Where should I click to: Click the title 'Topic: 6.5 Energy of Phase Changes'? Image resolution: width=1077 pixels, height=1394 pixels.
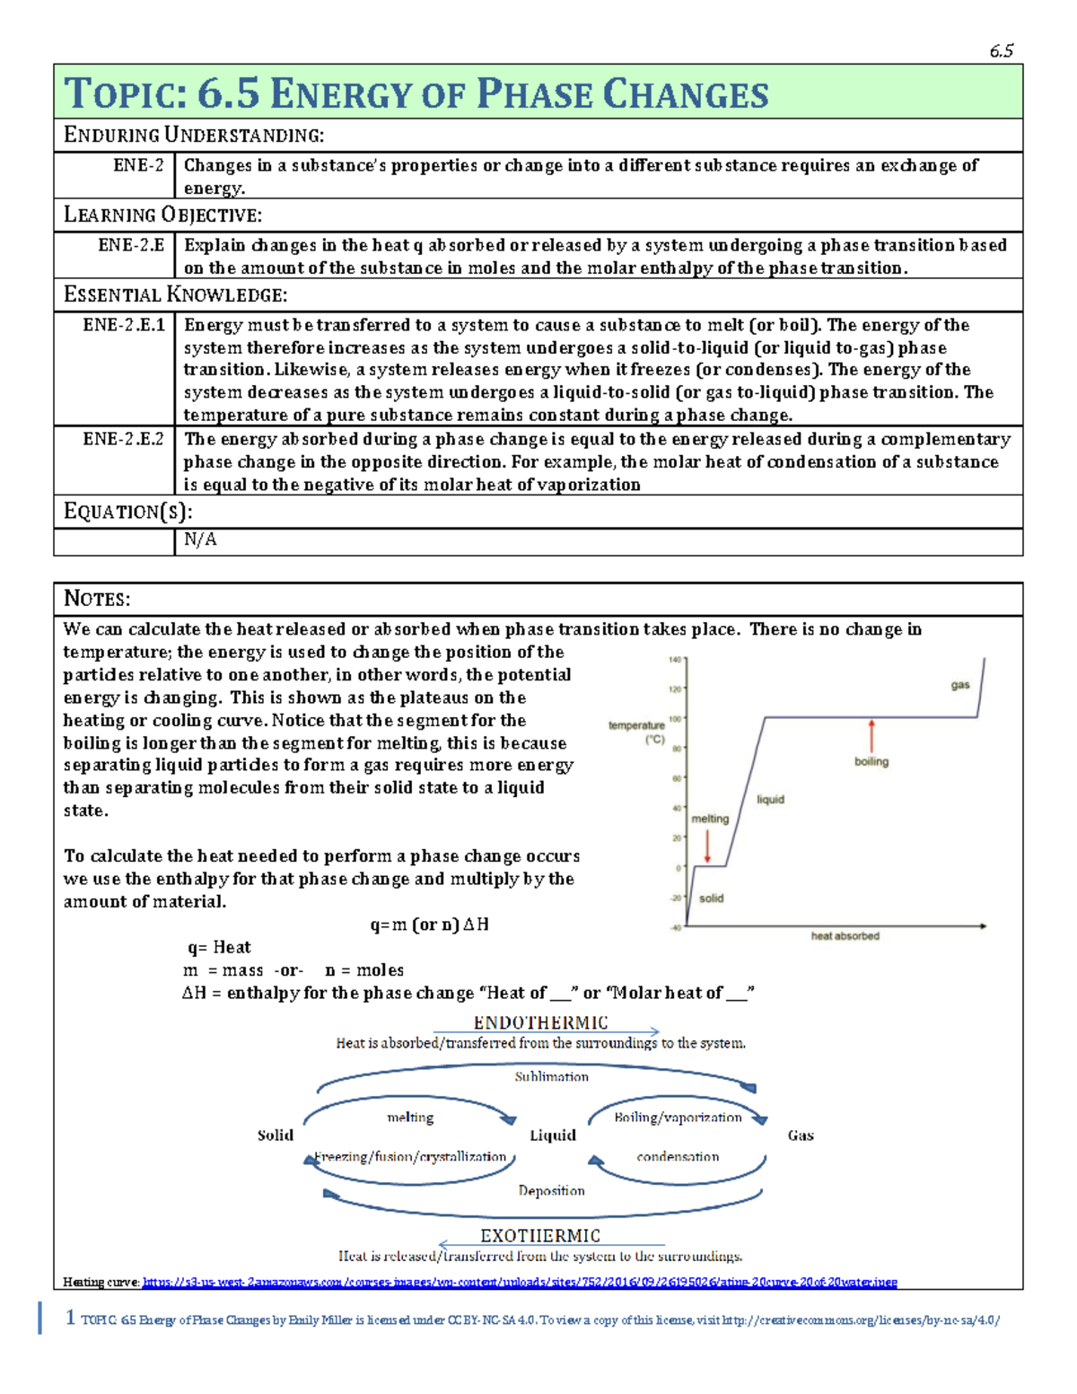416,93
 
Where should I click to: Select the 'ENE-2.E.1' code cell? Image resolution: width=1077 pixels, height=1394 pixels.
124,325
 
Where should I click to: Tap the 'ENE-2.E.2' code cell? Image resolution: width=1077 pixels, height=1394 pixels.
124,439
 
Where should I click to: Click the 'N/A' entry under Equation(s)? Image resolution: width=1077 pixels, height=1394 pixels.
200,539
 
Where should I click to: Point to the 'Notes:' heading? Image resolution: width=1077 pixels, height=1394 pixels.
97,599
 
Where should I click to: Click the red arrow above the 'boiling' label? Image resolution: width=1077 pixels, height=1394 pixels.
871,735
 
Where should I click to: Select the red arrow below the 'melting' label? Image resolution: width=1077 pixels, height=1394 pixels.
707,846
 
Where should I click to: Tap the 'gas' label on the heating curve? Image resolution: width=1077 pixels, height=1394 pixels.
960,685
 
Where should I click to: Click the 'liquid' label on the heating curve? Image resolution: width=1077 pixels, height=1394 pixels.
770,799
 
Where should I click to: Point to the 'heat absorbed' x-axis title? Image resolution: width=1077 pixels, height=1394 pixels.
845,935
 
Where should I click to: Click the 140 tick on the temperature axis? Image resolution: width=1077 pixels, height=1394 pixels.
674,660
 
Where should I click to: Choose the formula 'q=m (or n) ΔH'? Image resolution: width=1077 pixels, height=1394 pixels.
429,925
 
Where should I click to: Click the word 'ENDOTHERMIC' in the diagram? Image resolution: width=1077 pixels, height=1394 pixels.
540,1022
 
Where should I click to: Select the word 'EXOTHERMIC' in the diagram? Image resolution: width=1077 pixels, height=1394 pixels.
540,1235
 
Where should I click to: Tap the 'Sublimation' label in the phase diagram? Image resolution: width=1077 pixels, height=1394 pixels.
551,1076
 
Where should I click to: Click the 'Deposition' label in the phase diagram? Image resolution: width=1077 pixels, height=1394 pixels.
551,1190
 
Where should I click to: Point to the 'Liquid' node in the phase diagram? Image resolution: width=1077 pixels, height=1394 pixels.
552,1135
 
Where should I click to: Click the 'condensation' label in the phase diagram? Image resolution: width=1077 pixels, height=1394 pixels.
678,1156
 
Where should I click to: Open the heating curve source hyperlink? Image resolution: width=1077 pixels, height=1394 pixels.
520,1282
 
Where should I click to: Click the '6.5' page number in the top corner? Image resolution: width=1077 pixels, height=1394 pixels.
1001,51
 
